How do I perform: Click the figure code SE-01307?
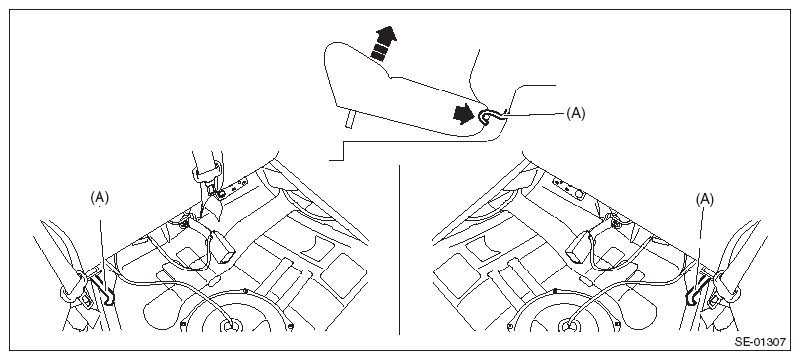tap(760, 342)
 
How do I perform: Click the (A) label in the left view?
tap(100, 198)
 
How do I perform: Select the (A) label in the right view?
tap(704, 200)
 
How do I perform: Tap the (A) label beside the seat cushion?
tap(576, 114)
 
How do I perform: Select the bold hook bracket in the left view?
tap(105, 290)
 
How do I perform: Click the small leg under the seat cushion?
tap(349, 120)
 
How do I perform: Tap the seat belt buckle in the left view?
tap(223, 246)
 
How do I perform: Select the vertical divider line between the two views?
tap(399, 250)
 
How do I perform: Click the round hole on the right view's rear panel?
tap(579, 194)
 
